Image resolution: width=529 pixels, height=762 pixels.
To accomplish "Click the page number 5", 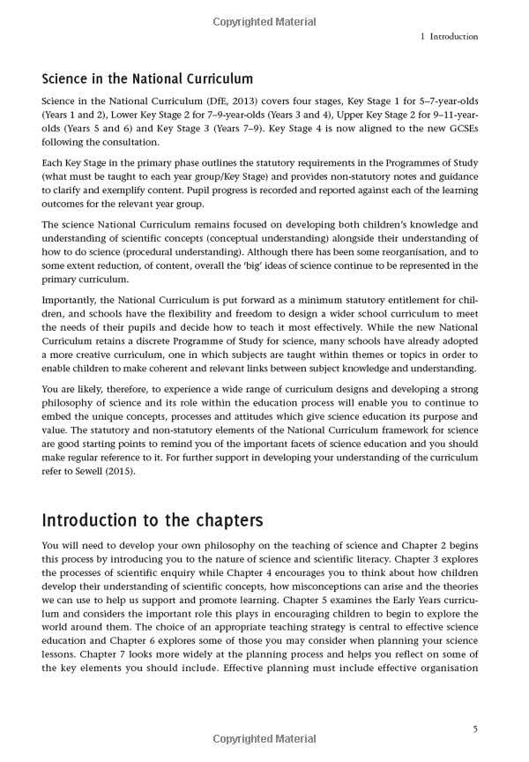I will (474, 728).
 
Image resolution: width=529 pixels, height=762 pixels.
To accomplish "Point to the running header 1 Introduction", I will (450, 37).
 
